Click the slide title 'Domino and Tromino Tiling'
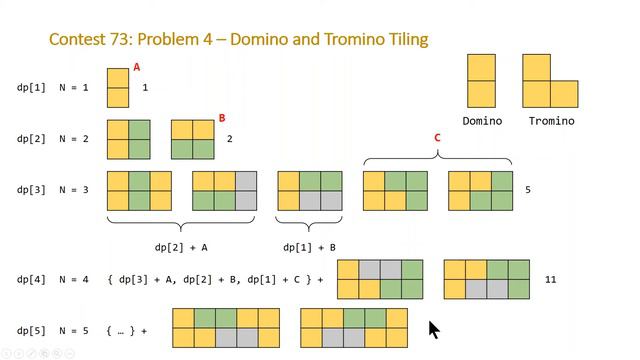(x=239, y=40)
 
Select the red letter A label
(x=137, y=67)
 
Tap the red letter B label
(x=222, y=118)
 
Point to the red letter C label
(x=437, y=138)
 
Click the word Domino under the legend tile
(x=482, y=121)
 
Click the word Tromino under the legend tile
(x=550, y=121)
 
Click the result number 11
(x=551, y=280)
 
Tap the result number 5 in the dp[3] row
(x=528, y=189)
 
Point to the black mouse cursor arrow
(x=434, y=330)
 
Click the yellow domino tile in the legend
(x=482, y=80)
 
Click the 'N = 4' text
(x=73, y=280)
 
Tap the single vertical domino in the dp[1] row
(x=118, y=87)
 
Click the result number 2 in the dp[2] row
(x=230, y=138)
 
